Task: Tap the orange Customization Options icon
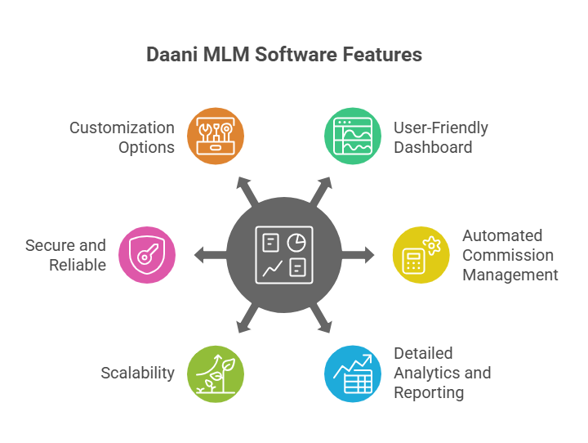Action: click(216, 136)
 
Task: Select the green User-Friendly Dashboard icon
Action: click(353, 136)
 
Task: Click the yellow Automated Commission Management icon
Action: click(421, 255)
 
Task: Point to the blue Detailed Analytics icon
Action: click(353, 374)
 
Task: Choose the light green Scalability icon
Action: click(216, 374)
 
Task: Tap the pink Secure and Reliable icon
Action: click(147, 255)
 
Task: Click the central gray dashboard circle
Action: click(284, 255)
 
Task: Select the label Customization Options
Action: click(122, 137)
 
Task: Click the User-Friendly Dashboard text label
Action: click(440, 137)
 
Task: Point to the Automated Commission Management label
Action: click(510, 255)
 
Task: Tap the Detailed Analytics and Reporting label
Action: click(442, 374)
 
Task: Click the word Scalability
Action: click(137, 374)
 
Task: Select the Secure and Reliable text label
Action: click(65, 255)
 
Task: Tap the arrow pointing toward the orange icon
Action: click(247, 190)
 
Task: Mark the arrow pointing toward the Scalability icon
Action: click(247, 320)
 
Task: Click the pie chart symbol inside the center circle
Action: click(298, 241)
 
